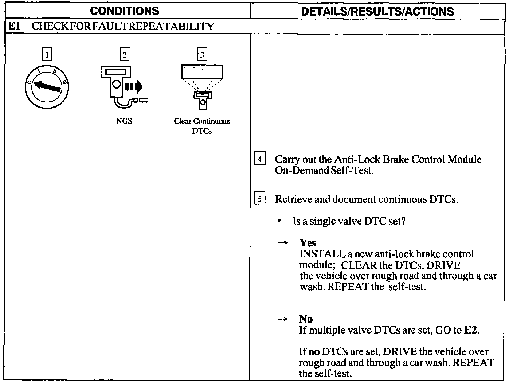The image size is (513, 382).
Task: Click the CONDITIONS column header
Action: [125, 11]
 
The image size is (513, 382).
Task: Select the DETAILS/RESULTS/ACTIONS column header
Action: [377, 11]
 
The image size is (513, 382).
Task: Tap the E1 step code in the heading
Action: [13, 27]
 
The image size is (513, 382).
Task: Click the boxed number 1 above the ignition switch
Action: [47, 55]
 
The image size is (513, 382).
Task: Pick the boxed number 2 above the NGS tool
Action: [125, 55]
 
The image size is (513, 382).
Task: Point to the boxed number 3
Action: [202, 55]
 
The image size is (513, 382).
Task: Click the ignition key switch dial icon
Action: [47, 87]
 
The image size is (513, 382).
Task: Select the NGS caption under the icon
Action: [124, 121]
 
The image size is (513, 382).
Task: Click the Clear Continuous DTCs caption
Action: [202, 126]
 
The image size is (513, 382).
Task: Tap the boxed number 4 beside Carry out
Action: [259, 159]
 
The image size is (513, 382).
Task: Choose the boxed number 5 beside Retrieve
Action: [259, 199]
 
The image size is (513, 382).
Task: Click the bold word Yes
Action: [308, 243]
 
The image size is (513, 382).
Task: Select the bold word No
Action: [306, 319]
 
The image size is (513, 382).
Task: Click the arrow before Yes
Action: [283, 243]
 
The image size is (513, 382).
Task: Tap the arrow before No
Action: [283, 319]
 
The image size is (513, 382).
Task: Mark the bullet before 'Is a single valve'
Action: [279, 221]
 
